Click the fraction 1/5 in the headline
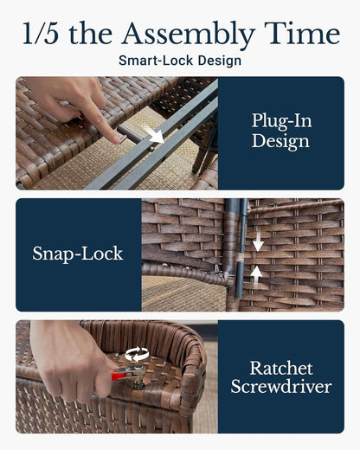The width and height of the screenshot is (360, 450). [x=41, y=33]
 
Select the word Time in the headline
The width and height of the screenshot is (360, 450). [x=302, y=33]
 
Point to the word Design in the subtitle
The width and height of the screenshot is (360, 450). [x=220, y=61]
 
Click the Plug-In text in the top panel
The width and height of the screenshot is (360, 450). [x=282, y=120]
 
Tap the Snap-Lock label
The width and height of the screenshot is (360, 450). [x=78, y=254]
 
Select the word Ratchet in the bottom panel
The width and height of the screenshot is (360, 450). [x=281, y=368]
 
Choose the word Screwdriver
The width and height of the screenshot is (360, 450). [x=281, y=386]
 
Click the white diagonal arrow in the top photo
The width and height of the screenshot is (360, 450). [x=154, y=134]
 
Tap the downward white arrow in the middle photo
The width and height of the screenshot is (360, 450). [x=258, y=241]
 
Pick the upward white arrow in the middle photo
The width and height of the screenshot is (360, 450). [x=256, y=276]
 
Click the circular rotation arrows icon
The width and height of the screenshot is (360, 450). [x=137, y=354]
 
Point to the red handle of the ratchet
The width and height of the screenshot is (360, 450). [x=119, y=376]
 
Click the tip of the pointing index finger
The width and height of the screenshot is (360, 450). [x=117, y=140]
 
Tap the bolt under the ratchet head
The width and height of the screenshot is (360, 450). [x=139, y=382]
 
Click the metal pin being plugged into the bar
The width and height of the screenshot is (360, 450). [x=130, y=135]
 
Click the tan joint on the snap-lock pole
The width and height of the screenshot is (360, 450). [x=239, y=258]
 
